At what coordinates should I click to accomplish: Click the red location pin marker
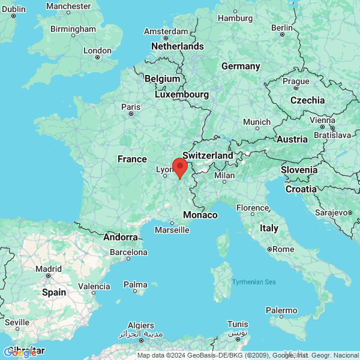(x=179, y=167)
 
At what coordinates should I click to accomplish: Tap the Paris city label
(x=131, y=107)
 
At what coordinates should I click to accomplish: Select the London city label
(x=97, y=51)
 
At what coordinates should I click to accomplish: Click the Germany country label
(x=241, y=66)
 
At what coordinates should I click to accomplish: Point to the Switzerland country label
(x=208, y=155)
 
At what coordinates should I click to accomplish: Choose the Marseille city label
(x=172, y=230)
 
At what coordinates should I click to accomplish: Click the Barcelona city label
(x=128, y=252)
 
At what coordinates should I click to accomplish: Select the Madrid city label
(x=49, y=269)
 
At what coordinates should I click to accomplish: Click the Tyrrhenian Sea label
(x=254, y=281)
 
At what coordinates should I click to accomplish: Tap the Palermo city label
(x=281, y=310)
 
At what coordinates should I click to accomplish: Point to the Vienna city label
(x=323, y=120)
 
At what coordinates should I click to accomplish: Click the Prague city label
(x=296, y=81)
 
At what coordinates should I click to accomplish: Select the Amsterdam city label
(x=166, y=31)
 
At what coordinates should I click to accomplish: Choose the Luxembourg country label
(x=182, y=94)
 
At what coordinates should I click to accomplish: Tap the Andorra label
(x=121, y=237)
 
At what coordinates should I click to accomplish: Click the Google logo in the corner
(x=20, y=352)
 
